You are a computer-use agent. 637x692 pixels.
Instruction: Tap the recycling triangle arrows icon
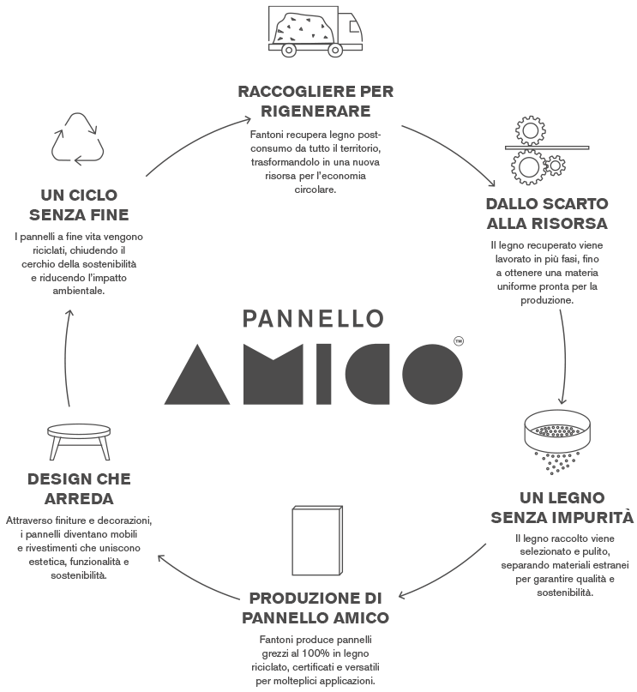[x=77, y=139]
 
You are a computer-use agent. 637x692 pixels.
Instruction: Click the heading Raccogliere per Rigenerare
[x=316, y=100]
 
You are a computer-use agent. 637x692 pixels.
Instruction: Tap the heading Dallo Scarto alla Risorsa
[x=546, y=214]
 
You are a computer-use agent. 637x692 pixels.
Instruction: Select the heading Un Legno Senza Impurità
[x=562, y=507]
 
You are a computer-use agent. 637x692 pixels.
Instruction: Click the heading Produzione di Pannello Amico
[x=315, y=606]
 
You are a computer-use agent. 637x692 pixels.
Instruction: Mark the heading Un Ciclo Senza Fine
[x=78, y=203]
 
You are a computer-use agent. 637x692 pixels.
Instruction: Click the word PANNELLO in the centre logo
[x=313, y=318]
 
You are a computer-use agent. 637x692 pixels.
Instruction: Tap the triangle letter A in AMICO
[x=196, y=374]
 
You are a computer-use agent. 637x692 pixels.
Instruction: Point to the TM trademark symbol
[x=458, y=341]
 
